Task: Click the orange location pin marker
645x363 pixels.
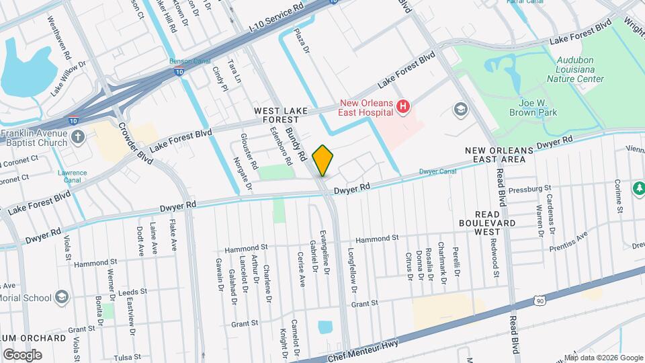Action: [x=322, y=160]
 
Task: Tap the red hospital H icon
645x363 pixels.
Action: [x=403, y=106]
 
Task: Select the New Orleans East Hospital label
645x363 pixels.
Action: [x=366, y=108]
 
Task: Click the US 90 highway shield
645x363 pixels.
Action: [x=539, y=302]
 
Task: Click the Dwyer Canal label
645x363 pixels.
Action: [x=438, y=171]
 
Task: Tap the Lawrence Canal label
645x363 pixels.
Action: [x=72, y=177]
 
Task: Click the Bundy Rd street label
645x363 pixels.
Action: [x=296, y=144]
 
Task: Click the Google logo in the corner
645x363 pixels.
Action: [x=22, y=355]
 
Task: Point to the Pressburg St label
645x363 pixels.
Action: [x=529, y=188]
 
